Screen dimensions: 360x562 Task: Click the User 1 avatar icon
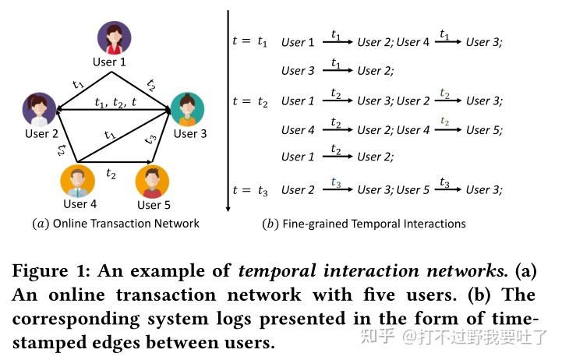[114, 37]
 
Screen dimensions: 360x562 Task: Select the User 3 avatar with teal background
[186, 110]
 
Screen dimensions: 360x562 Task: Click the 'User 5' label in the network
[154, 205]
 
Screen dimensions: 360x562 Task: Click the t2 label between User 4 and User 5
[111, 173]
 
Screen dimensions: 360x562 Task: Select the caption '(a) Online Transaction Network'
[115, 224]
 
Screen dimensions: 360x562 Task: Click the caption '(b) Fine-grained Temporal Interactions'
[364, 224]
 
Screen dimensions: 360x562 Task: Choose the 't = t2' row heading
[250, 101]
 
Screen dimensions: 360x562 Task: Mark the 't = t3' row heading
[250, 190]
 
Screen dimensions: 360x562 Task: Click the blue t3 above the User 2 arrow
[336, 182]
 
